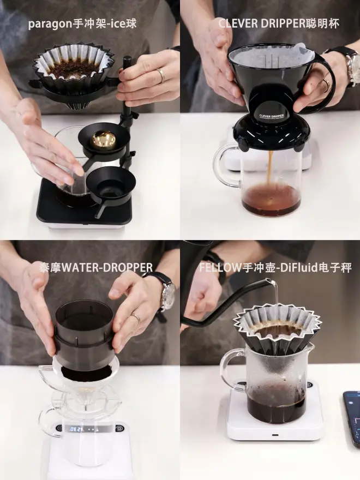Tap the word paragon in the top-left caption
(x=51, y=25)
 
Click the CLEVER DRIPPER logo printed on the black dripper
(x=272, y=116)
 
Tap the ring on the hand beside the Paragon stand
(x=161, y=76)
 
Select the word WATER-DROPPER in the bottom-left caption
(x=107, y=268)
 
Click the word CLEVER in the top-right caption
(x=238, y=24)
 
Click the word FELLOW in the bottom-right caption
(x=220, y=268)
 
